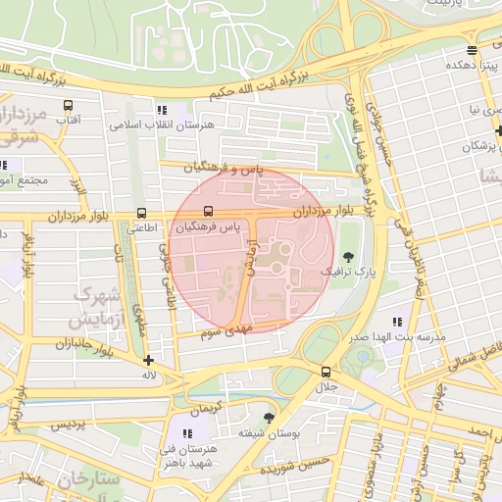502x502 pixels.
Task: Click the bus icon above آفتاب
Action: pyautogui.click(x=68, y=105)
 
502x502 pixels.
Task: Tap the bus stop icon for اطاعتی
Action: pyautogui.click(x=142, y=213)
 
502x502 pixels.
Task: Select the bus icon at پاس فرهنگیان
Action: pyautogui.click(x=207, y=212)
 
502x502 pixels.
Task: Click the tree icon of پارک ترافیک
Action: pyautogui.click(x=347, y=254)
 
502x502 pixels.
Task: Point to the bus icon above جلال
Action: pyautogui.click(x=326, y=372)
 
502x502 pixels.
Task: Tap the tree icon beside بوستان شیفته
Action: pyautogui.click(x=269, y=418)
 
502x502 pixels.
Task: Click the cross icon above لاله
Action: pyautogui.click(x=148, y=360)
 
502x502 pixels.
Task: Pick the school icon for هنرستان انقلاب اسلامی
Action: pyautogui.click(x=162, y=111)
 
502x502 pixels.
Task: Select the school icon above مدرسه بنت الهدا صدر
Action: pyautogui.click(x=397, y=322)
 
